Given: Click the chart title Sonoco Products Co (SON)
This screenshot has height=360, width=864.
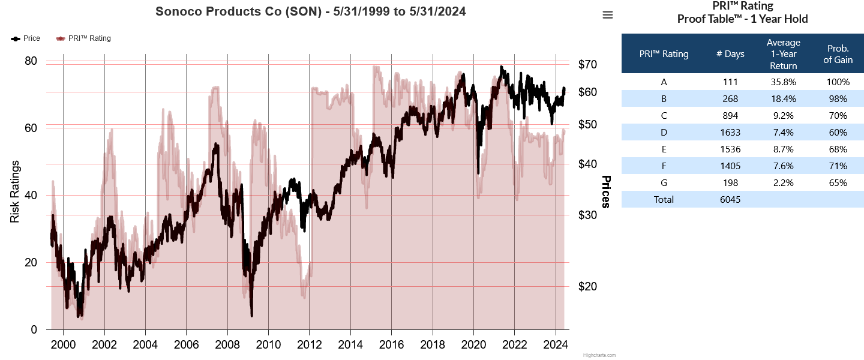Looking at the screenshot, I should (310, 11).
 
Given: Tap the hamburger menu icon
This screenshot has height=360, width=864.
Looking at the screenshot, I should (608, 15).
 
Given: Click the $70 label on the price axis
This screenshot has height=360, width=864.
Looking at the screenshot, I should (590, 64).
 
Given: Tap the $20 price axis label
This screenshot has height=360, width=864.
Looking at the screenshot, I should (590, 286).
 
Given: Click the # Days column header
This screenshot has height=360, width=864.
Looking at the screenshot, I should (730, 54).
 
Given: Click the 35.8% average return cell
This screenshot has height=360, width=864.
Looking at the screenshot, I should (783, 82).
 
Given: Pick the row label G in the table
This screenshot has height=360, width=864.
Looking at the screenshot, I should (664, 183).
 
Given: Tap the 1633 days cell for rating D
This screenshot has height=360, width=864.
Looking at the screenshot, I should (730, 133).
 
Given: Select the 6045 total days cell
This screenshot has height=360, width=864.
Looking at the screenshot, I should (730, 200).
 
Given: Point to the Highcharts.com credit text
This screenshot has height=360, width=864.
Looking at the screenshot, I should (599, 355).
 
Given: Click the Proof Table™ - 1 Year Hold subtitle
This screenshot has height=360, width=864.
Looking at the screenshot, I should (742, 19).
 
